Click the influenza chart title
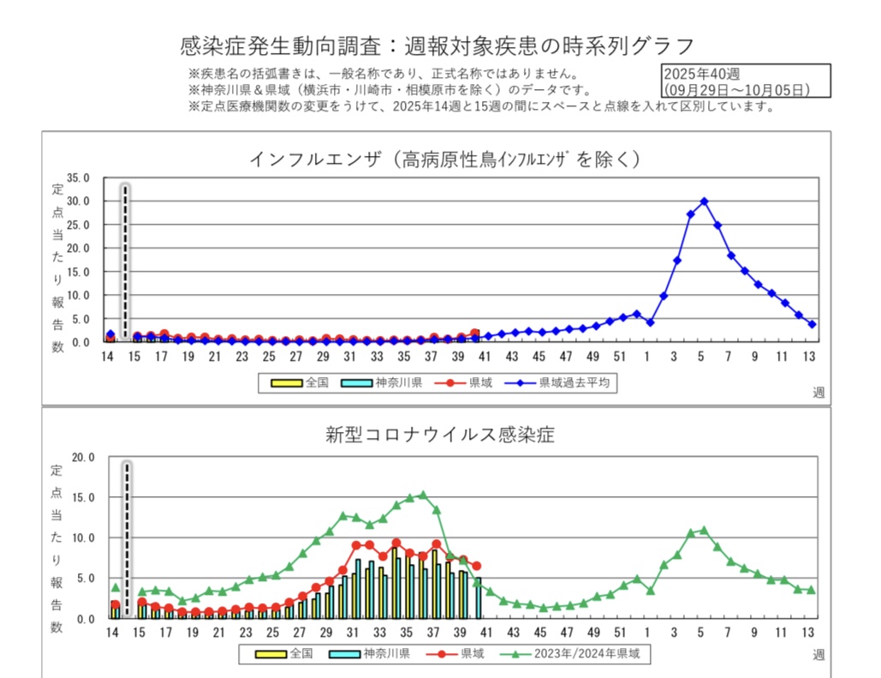pos(445,159)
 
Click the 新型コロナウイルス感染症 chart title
pos(440,435)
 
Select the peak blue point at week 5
pos(704,201)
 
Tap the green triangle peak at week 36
pos(423,495)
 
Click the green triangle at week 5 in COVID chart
pos(704,530)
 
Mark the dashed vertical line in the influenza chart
pos(125,261)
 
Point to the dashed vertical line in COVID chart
pos(127,538)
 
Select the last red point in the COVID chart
pos(477,566)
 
